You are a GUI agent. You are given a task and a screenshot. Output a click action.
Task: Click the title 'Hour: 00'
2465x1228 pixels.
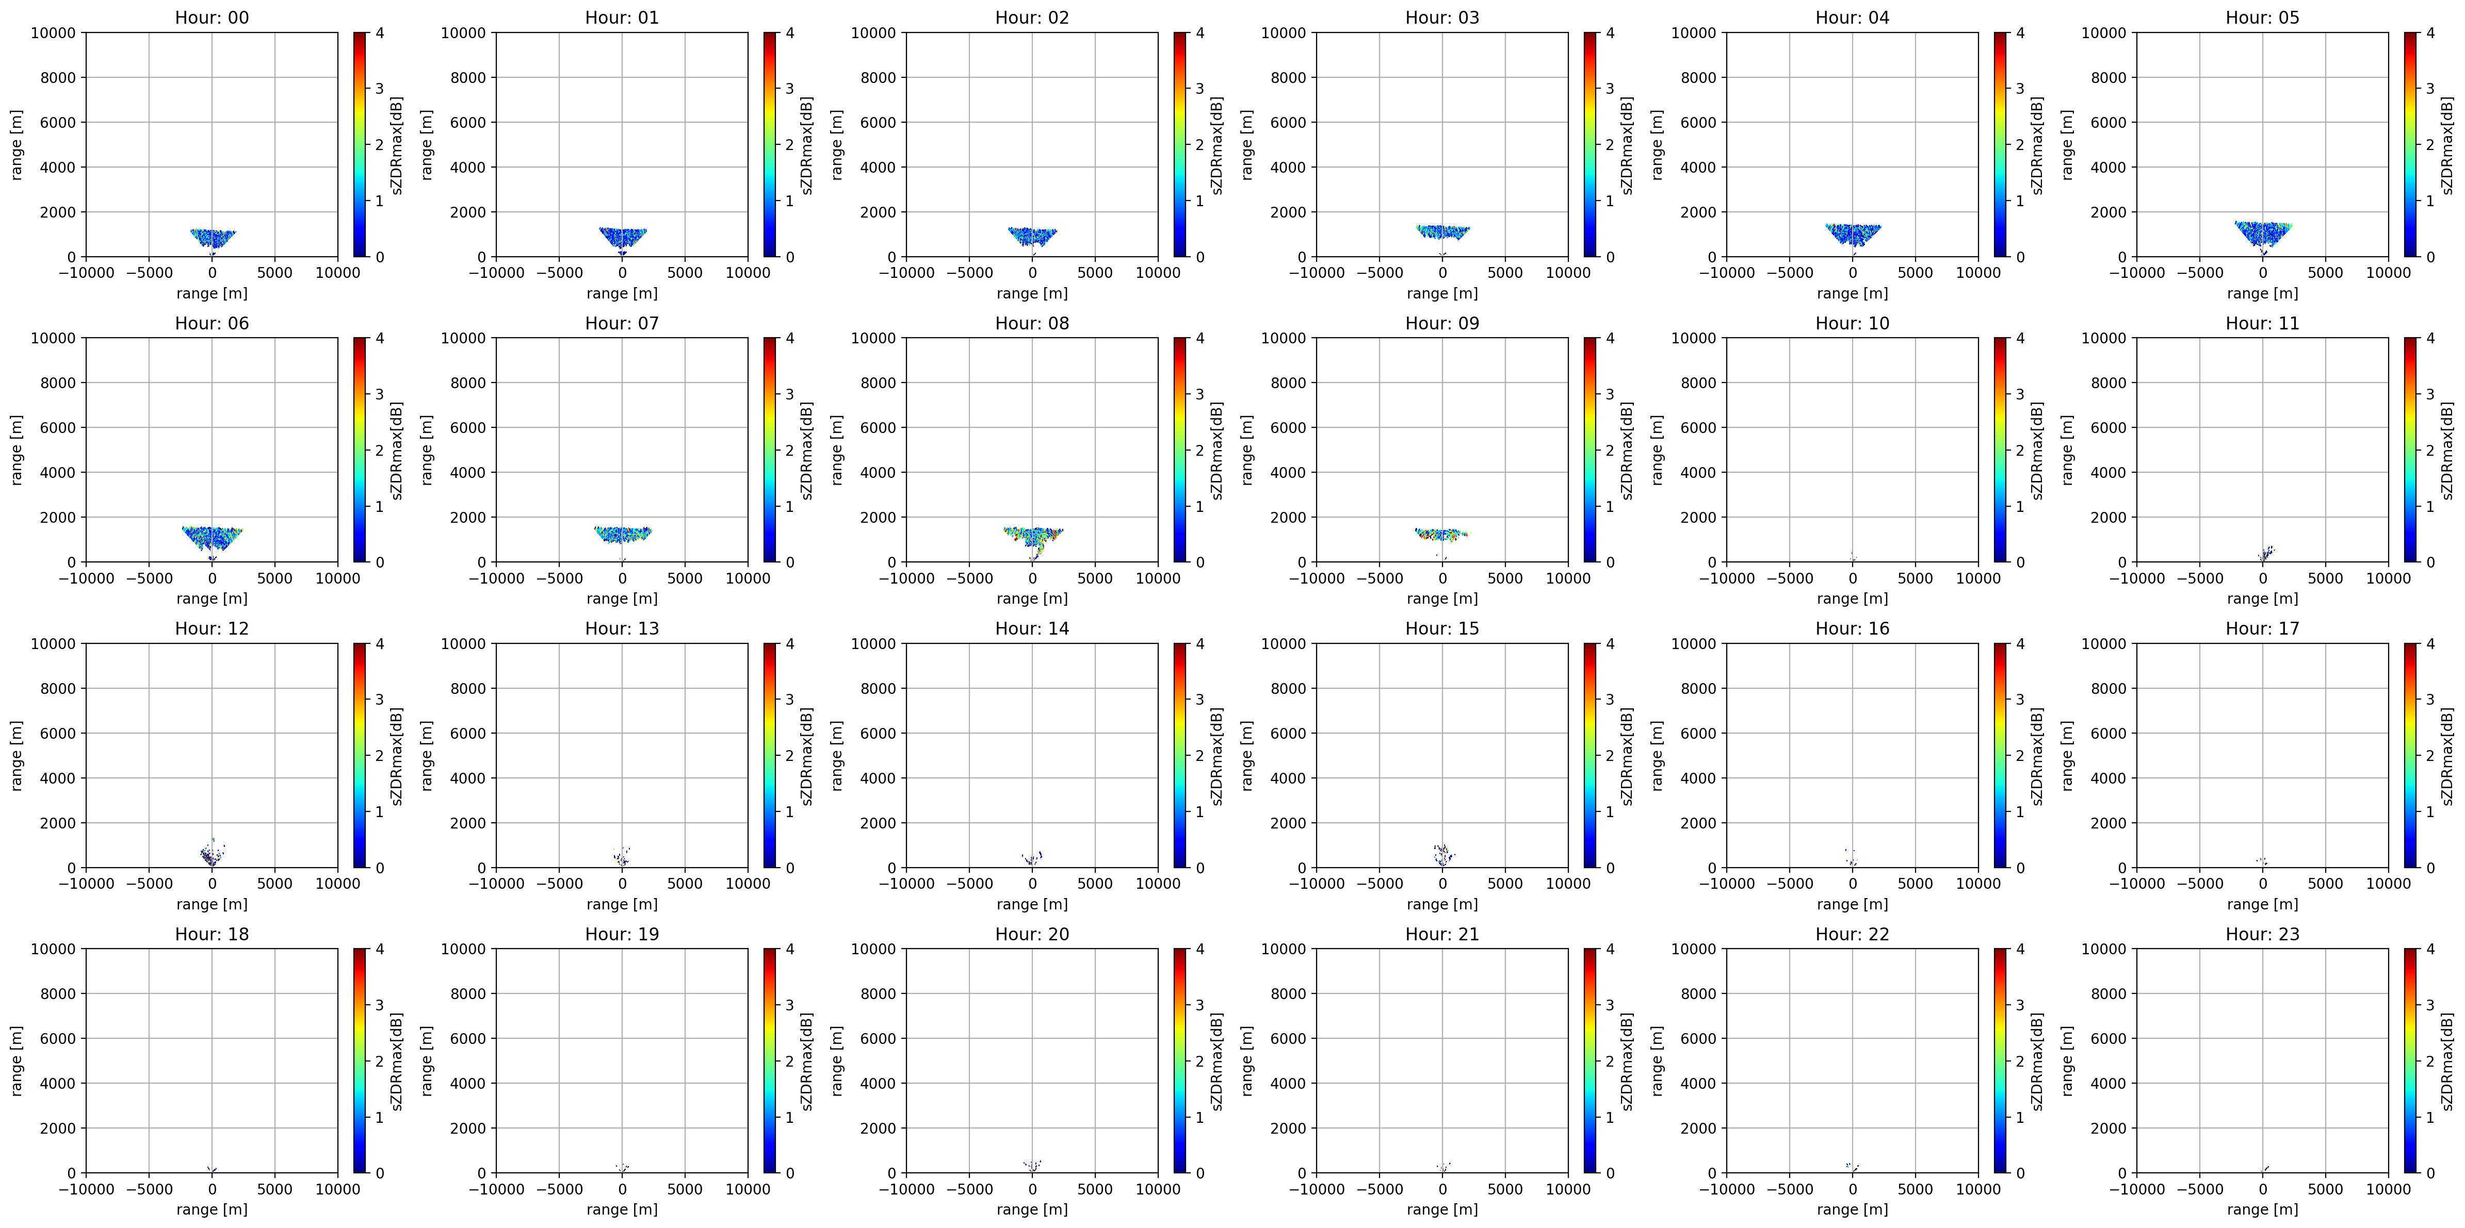tap(212, 17)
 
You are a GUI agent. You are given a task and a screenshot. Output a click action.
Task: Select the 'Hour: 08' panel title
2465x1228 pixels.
tap(1031, 323)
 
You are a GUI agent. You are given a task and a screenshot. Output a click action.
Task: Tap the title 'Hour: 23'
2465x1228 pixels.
tap(2262, 934)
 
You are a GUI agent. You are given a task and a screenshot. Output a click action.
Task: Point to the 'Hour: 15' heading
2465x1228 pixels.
tap(1442, 628)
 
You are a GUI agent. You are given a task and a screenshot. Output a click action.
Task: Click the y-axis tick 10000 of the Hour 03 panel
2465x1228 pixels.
tap(1284, 32)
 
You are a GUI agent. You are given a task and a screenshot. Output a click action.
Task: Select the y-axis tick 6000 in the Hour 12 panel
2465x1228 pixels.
tap(57, 734)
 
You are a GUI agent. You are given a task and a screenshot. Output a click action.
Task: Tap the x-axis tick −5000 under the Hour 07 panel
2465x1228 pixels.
tap(559, 578)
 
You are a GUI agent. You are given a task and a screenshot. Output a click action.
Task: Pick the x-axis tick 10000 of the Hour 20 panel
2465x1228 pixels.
tap(1158, 1189)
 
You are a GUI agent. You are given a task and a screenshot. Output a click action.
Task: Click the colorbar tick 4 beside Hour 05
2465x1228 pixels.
tap(2429, 32)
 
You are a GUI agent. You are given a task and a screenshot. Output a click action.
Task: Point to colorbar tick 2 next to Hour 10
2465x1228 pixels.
tap(2020, 451)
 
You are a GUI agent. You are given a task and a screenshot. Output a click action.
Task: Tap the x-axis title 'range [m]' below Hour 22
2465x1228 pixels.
tap(1852, 1209)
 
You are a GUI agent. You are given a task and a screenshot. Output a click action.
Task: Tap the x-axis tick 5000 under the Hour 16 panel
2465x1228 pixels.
tap(1915, 884)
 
